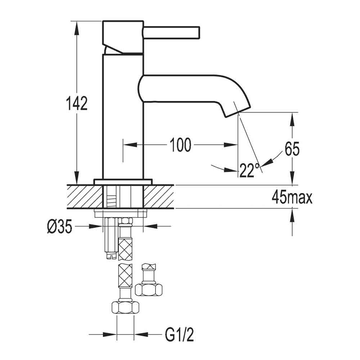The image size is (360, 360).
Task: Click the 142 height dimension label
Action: click(76, 103)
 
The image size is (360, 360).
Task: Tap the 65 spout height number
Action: click(292, 149)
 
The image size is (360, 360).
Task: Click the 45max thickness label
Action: click(292, 198)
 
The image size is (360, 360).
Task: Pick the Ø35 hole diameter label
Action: click(59, 226)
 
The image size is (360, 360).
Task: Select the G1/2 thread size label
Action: click(179, 336)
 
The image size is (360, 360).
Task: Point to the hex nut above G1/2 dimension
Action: click(126, 308)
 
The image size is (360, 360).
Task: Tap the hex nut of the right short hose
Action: click(149, 289)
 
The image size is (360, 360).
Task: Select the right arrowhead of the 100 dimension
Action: click(231, 145)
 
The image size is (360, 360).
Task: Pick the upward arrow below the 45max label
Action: click(292, 216)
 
